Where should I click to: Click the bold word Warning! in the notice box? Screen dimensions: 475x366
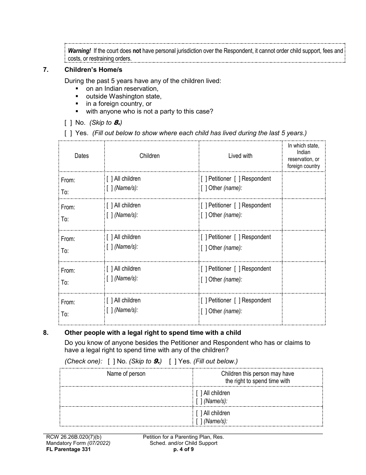click(x=79, y=51)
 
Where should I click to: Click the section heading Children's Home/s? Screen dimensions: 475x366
click(x=93, y=70)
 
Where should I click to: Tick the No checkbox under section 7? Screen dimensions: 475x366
click(x=68, y=122)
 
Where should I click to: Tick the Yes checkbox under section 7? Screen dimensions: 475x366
click(x=68, y=133)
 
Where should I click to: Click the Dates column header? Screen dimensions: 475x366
click(x=81, y=156)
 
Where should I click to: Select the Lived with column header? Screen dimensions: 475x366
click(x=240, y=156)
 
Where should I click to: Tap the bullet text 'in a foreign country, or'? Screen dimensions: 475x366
click(x=119, y=104)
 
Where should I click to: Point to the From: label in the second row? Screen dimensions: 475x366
click(x=68, y=207)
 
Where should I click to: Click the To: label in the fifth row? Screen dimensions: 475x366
click(x=65, y=314)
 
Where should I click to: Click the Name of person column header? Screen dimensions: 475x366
click(x=126, y=373)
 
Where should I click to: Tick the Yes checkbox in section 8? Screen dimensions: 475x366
click(x=173, y=361)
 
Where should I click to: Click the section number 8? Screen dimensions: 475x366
click(x=45, y=332)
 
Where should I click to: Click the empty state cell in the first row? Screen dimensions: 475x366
click(x=304, y=185)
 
